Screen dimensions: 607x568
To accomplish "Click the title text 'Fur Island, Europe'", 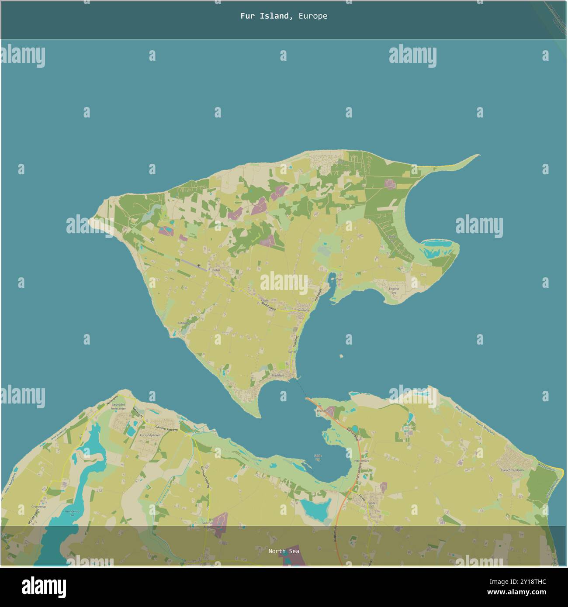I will (x=284, y=16).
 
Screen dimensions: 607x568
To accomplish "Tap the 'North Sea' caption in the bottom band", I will (x=284, y=551).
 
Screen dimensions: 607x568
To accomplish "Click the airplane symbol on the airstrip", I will (x=199, y=266).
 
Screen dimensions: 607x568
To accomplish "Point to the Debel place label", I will (x=216, y=270).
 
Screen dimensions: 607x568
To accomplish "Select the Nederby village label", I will (x=304, y=310).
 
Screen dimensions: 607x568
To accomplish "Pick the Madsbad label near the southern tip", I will (x=278, y=375).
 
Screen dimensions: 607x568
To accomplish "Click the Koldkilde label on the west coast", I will (x=183, y=323).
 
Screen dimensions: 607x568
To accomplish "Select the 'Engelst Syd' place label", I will (x=394, y=291).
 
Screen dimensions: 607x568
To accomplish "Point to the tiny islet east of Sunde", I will (x=342, y=356).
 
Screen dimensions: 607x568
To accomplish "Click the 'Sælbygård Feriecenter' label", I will (x=118, y=407).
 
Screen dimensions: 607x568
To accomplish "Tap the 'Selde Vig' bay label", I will (x=318, y=458).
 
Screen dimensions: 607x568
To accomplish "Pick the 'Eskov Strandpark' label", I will (x=513, y=470).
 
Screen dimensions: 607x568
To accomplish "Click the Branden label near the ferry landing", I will (x=322, y=410).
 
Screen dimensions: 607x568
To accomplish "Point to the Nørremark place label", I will (x=362, y=461).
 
